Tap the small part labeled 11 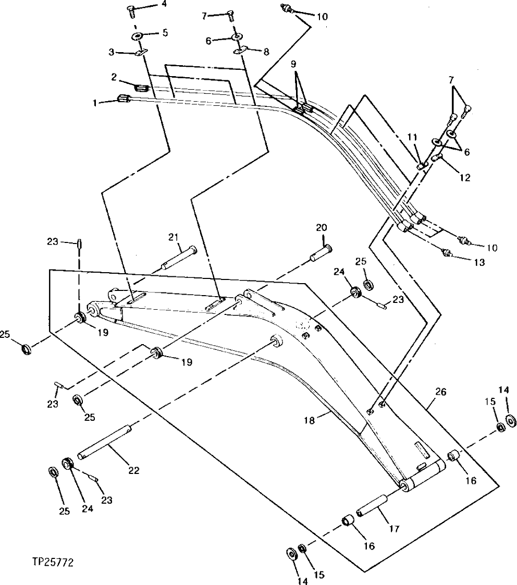[x=422, y=165]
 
